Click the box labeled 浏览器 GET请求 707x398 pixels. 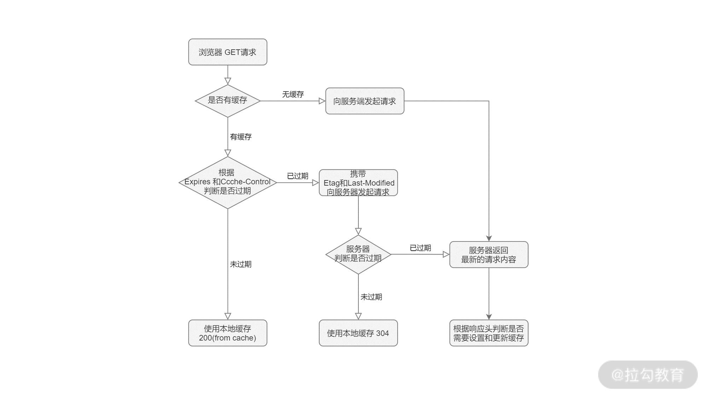pyautogui.click(x=228, y=52)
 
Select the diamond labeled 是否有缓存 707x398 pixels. pyautogui.click(x=228, y=101)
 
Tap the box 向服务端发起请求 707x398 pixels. pyautogui.click(x=364, y=101)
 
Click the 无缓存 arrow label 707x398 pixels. pyautogui.click(x=293, y=94)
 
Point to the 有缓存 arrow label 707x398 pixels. pyautogui.click(x=241, y=137)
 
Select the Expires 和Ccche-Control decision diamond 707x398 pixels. pyautogui.click(x=228, y=183)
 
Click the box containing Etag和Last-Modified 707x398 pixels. pyautogui.click(x=358, y=183)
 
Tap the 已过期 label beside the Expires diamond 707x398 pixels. pyautogui.click(x=297, y=176)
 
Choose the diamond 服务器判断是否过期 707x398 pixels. pyautogui.click(x=358, y=254)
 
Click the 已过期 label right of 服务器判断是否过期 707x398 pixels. pyautogui.click(x=420, y=248)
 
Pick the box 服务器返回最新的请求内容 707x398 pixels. pyautogui.click(x=489, y=255)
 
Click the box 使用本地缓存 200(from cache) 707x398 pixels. pyautogui.click(x=228, y=333)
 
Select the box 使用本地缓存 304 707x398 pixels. pyautogui.click(x=358, y=333)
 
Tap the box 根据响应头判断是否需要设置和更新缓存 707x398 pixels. pyautogui.click(x=489, y=333)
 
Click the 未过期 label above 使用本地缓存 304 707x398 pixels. pyautogui.click(x=371, y=297)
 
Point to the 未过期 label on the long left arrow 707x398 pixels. pyautogui.click(x=241, y=264)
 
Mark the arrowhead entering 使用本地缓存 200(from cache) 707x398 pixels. pyautogui.click(x=228, y=316)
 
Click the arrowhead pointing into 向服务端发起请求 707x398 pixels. pyautogui.click(x=322, y=101)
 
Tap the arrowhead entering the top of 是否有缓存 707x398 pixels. pyautogui.click(x=228, y=81)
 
